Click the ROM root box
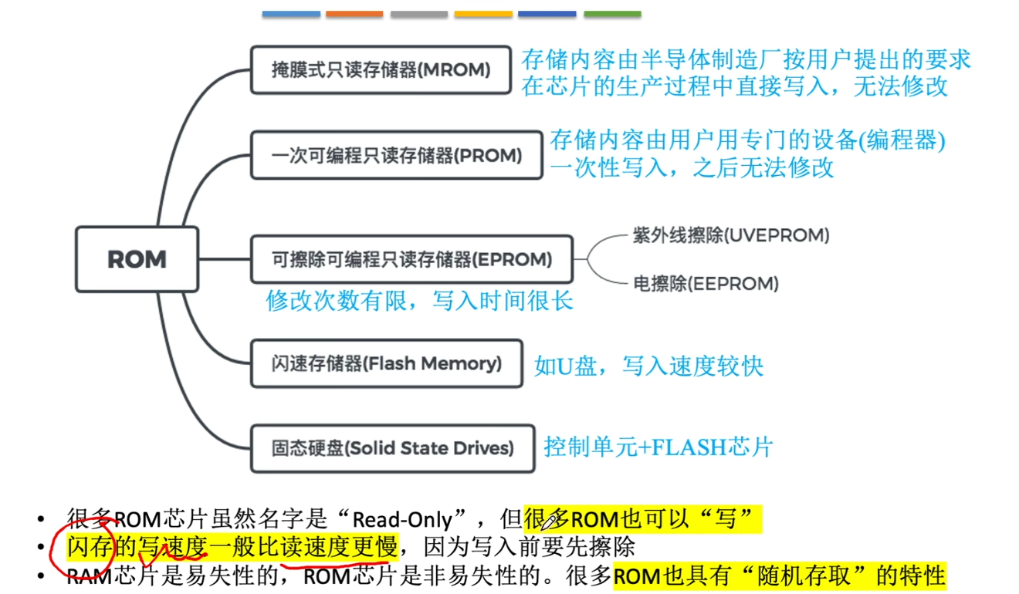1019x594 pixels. pos(137,259)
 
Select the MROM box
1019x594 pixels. pos(381,70)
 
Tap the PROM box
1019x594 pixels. pos(397,156)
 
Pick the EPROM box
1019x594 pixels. pos(411,259)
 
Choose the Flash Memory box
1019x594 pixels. pos(387,363)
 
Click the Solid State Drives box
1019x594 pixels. pos(392,448)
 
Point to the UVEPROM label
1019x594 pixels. pos(730,235)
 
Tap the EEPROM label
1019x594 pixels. pos(706,284)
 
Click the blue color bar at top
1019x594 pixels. pos(291,14)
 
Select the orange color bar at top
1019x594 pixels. pos(354,14)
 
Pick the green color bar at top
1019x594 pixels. pos(612,14)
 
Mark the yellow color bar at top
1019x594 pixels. pos(483,14)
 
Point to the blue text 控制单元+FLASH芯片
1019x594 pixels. pos(658,447)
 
